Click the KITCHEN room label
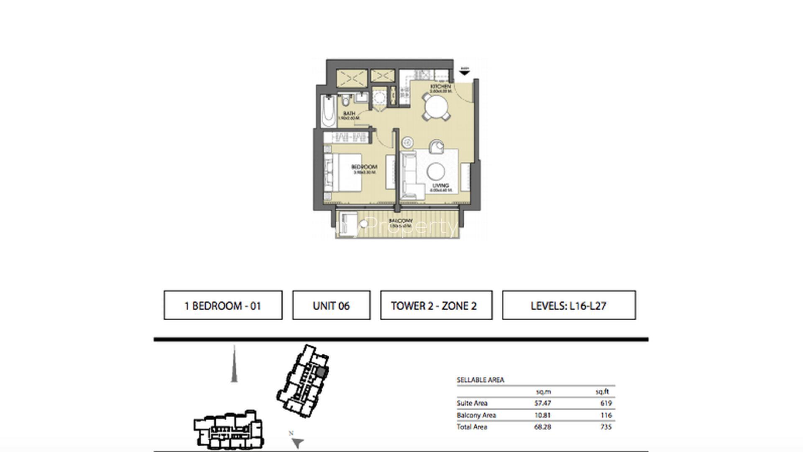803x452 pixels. pyautogui.click(x=441, y=86)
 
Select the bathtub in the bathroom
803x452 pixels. pyautogui.click(x=329, y=112)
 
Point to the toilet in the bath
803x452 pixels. pyautogui.click(x=346, y=101)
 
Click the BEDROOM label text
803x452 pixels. pyautogui.click(x=364, y=167)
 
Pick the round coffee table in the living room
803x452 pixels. pyautogui.click(x=435, y=171)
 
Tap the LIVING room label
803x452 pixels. pyautogui.click(x=441, y=185)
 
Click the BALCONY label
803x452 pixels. pyautogui.click(x=401, y=221)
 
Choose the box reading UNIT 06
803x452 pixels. pyautogui.click(x=331, y=306)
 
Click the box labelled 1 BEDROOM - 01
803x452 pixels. pyautogui.click(x=223, y=306)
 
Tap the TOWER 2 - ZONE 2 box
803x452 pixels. pyautogui.click(x=436, y=306)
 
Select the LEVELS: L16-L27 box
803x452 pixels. pyautogui.click(x=569, y=306)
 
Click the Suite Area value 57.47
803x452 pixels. pyautogui.click(x=542, y=403)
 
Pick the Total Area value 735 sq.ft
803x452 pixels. pyautogui.click(x=606, y=427)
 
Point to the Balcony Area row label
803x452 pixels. pyautogui.click(x=476, y=415)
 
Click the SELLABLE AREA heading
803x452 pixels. pyautogui.click(x=480, y=380)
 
